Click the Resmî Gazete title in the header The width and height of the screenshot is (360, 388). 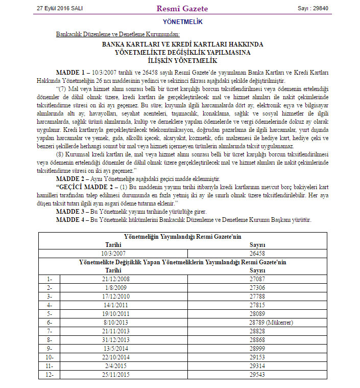coord(182,9)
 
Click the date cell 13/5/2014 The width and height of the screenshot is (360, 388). coord(113,348)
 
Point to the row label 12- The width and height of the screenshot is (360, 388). coord(50,374)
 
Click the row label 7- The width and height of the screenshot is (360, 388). coord(49,331)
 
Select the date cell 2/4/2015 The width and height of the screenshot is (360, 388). coord(113,366)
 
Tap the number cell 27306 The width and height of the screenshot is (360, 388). coord(257,288)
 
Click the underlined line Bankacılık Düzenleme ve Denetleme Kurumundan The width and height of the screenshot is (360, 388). coord(117,34)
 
